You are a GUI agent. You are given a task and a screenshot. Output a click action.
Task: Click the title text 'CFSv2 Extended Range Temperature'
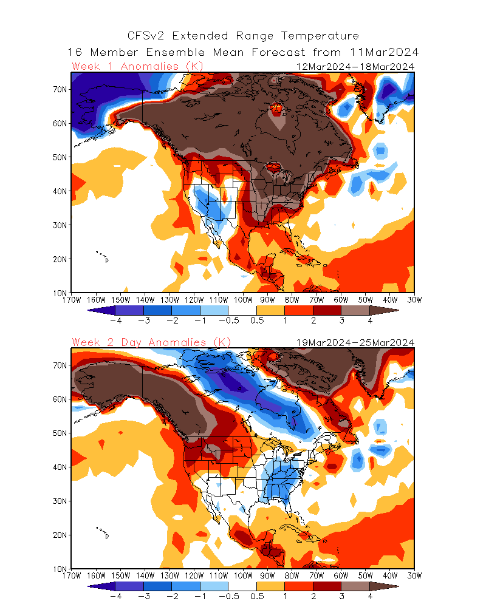(243, 36)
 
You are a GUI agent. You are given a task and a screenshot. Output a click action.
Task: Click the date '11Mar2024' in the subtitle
(385, 52)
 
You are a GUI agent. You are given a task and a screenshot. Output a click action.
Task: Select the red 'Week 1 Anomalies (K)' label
(137, 66)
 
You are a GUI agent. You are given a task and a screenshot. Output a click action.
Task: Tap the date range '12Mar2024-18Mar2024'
(355, 66)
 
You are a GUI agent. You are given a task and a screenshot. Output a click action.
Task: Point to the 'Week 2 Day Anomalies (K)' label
(151, 342)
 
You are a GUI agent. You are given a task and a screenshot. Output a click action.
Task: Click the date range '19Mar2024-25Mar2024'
(355, 342)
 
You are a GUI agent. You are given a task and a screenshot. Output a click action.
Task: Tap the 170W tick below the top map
(72, 299)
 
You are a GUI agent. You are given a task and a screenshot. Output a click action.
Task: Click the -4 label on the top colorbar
(115, 320)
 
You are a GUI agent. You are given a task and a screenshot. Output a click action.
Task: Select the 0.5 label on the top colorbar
(257, 320)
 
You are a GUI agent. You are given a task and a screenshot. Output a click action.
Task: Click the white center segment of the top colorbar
(242, 310)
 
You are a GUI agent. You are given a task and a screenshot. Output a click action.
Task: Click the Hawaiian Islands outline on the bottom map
(103, 532)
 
